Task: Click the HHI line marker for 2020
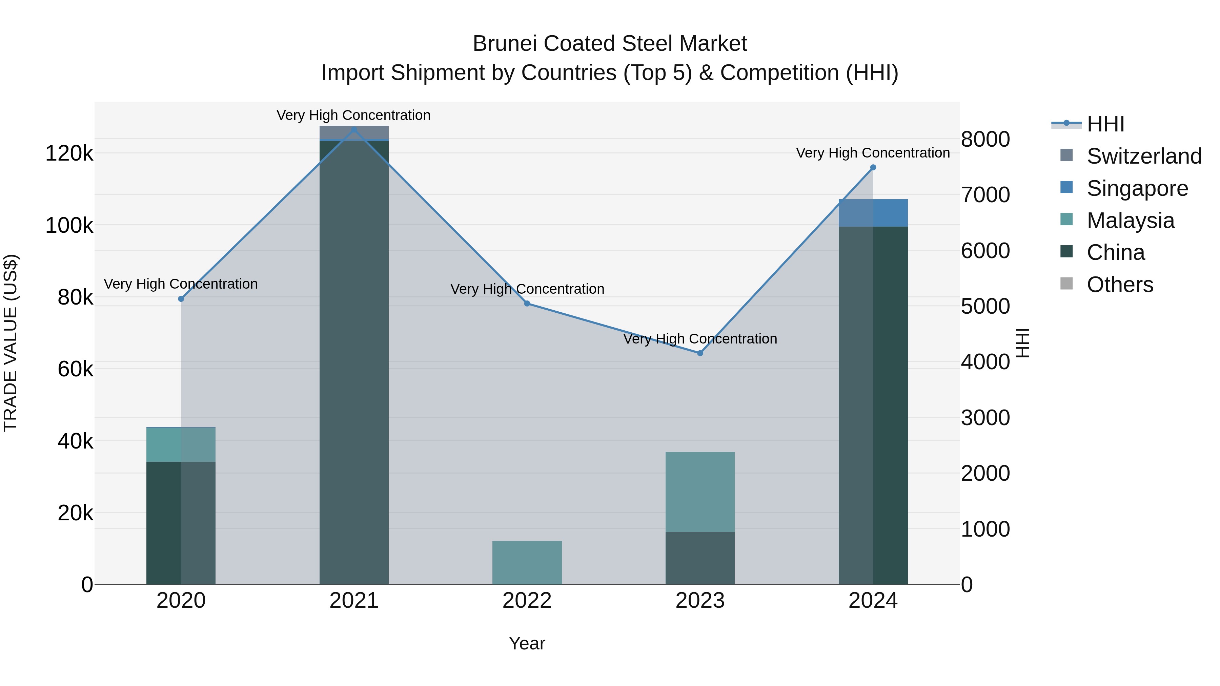tap(181, 299)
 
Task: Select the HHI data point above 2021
tap(354, 129)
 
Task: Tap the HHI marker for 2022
tap(527, 304)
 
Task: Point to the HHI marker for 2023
tap(700, 353)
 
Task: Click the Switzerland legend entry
tap(1144, 156)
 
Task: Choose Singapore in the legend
tap(1137, 188)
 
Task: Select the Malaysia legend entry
tap(1131, 221)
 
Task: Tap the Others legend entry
tap(1120, 285)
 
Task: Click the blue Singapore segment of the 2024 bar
tap(873, 213)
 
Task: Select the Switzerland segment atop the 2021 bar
tap(354, 133)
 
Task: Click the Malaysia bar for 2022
tap(527, 562)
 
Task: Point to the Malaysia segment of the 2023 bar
tap(700, 492)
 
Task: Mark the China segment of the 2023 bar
tap(700, 558)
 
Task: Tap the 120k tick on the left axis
tap(69, 153)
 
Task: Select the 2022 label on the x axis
tap(527, 601)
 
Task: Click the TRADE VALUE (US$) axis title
tap(11, 343)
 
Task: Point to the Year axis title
tap(527, 643)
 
